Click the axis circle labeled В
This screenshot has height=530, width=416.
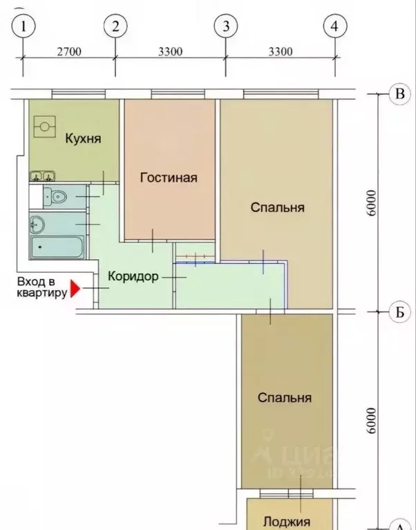[x=399, y=95]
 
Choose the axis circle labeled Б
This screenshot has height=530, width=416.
[x=399, y=312]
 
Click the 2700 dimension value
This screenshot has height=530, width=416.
[x=69, y=51]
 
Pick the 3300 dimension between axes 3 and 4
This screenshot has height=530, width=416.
[x=280, y=51]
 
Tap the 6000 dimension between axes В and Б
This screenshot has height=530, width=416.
[x=372, y=203]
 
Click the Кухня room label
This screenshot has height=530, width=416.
[x=83, y=139]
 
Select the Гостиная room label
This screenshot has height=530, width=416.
[x=169, y=178]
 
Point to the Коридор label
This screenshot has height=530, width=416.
[x=133, y=276]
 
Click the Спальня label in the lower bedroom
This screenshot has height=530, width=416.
[x=285, y=398]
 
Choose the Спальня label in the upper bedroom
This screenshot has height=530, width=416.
[x=277, y=207]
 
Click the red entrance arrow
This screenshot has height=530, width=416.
[x=75, y=288]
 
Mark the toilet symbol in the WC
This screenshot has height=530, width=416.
[x=57, y=197]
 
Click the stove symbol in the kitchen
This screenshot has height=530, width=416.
[x=46, y=126]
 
